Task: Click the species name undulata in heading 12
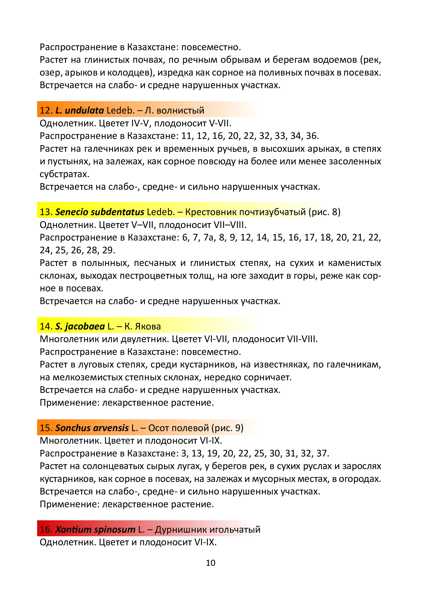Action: click(84, 111)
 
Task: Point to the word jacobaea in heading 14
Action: click(84, 326)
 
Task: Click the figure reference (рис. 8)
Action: click(324, 212)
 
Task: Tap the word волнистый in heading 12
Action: click(181, 111)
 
